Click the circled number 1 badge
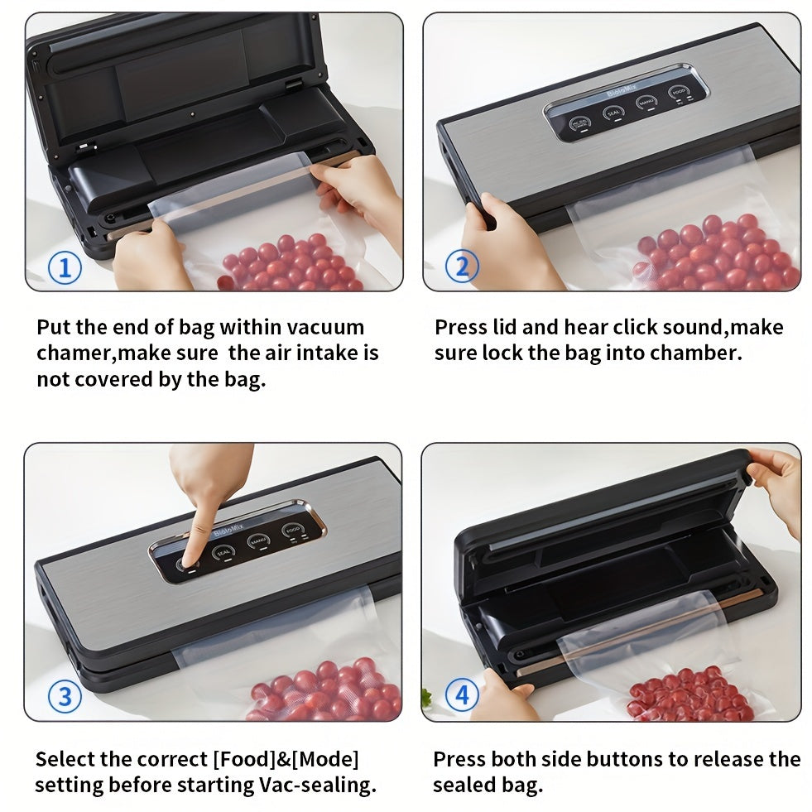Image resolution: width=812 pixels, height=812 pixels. click(65, 267)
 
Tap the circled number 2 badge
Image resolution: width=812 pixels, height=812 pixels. click(462, 267)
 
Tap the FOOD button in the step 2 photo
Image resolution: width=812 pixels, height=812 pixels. click(679, 93)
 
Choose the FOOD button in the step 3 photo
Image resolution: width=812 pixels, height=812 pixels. click(291, 531)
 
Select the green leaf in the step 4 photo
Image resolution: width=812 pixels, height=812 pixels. click(427, 698)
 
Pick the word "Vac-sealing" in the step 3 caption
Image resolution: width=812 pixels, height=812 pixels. click(318, 785)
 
